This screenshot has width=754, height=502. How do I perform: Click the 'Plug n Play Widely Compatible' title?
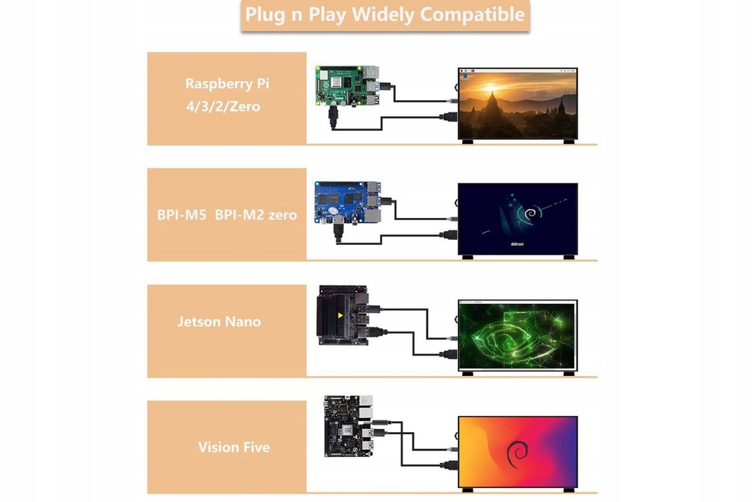click(384, 15)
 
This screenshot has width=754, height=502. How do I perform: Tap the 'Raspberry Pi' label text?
click(227, 83)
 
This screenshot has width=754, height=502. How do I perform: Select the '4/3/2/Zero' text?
click(223, 107)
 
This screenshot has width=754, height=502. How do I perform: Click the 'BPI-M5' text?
click(181, 216)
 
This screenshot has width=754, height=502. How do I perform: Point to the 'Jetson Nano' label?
click(219, 322)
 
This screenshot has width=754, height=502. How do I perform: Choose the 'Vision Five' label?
click(233, 447)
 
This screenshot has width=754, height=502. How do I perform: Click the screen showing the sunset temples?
click(518, 105)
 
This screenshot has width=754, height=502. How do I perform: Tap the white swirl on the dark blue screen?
click(528, 215)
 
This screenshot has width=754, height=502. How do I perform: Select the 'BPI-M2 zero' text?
click(256, 216)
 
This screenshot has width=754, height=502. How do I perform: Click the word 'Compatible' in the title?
click(478, 15)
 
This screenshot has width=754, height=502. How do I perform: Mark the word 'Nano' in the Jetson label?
click(242, 322)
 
